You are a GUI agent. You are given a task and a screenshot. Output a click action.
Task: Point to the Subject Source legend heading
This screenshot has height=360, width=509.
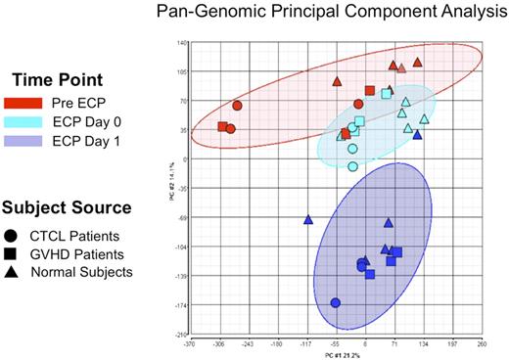tap(67, 208)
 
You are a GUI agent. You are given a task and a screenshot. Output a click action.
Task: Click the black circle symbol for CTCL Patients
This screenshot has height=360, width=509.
tap(16, 235)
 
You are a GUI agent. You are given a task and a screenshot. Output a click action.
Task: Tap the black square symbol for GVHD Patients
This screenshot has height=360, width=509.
tap(16, 253)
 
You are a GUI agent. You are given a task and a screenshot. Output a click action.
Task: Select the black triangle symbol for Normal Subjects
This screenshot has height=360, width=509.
tap(16, 272)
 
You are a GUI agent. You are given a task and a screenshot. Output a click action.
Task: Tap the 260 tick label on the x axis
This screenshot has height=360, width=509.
tap(481, 344)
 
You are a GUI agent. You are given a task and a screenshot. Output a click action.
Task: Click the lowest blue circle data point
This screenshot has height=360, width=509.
tap(336, 303)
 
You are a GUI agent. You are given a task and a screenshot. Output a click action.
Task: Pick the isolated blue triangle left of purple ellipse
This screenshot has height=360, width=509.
tap(308, 220)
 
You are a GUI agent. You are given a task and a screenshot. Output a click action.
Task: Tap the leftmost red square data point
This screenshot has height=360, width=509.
tap(223, 126)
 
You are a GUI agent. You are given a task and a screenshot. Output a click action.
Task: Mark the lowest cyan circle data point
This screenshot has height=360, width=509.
tap(353, 166)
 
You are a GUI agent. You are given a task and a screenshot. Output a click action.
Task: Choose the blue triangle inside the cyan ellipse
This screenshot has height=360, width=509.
tap(417, 135)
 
